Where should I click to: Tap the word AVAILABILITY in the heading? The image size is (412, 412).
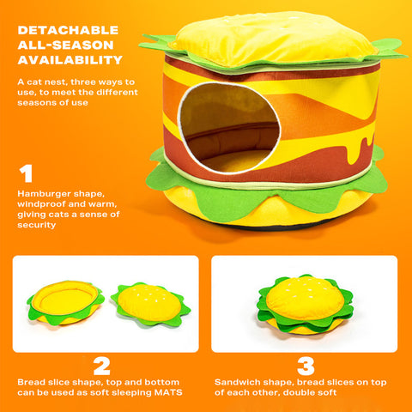(x=70, y=60)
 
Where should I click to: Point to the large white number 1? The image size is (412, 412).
(x=26, y=174)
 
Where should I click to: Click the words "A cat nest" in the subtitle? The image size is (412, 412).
(x=38, y=82)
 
